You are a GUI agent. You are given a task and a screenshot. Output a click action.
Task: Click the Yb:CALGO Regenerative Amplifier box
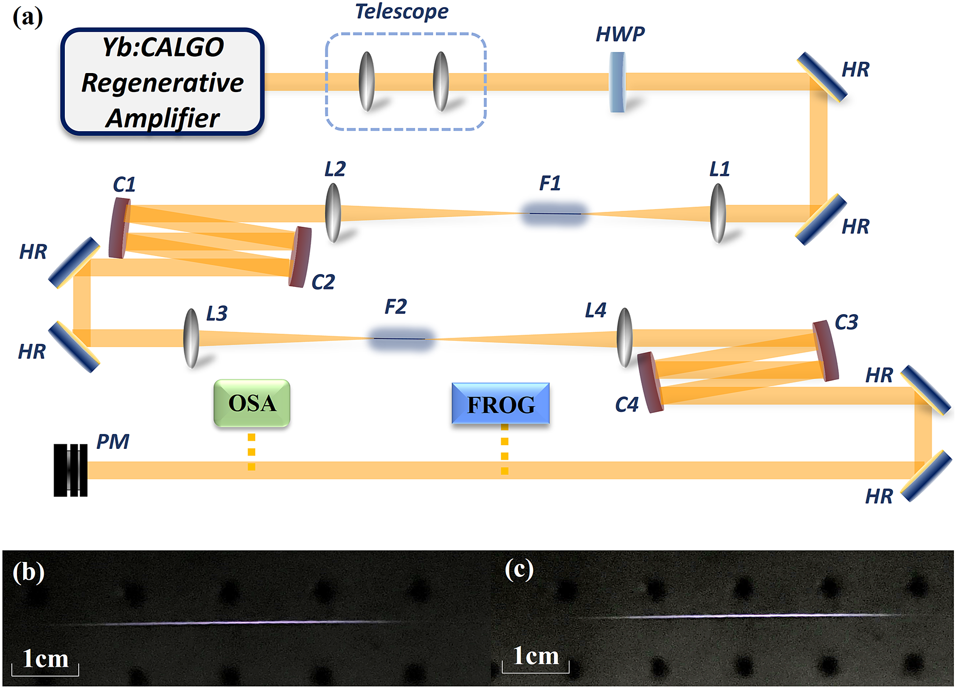162,82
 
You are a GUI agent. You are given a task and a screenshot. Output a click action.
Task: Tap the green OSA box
252,403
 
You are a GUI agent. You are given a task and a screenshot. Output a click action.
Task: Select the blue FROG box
500,404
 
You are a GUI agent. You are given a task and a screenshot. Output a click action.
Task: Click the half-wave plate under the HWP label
617,82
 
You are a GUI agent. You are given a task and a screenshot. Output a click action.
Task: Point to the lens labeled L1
718,213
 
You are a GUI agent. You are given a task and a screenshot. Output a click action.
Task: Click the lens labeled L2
333,213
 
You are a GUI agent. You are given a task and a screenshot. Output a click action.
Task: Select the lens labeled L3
191,338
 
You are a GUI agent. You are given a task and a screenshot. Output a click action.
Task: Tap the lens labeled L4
624,338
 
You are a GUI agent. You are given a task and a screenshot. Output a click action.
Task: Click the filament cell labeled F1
554,213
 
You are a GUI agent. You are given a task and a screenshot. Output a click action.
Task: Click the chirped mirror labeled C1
119,228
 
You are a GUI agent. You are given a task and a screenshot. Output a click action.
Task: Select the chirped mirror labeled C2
300,257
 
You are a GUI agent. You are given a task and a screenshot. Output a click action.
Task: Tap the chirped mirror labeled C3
825,351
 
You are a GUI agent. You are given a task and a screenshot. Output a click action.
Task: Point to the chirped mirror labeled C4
650,383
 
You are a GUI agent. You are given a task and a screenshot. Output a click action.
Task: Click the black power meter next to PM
70,470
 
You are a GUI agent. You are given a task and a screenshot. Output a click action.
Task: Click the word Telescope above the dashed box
401,11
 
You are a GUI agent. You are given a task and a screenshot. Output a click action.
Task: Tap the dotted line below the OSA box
251,451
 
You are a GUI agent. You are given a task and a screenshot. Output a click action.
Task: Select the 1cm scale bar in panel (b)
45,669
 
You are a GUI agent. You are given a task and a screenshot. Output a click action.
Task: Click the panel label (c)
519,570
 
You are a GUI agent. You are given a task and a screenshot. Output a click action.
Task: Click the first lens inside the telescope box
366,82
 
